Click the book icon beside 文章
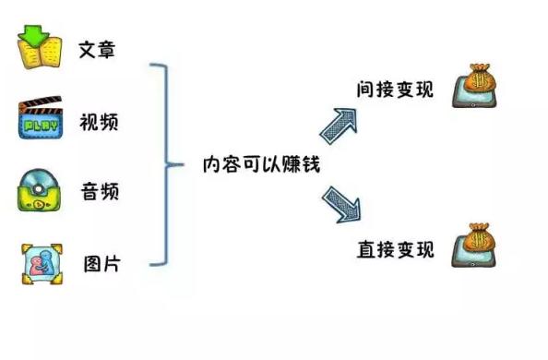pyautogui.click(x=40, y=49)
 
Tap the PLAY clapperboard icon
pyautogui.click(x=41, y=121)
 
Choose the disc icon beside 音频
pyautogui.click(x=42, y=192)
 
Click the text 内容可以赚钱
pyautogui.click(x=255, y=166)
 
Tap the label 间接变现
pyautogui.click(x=395, y=89)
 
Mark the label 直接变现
pyautogui.click(x=395, y=249)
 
